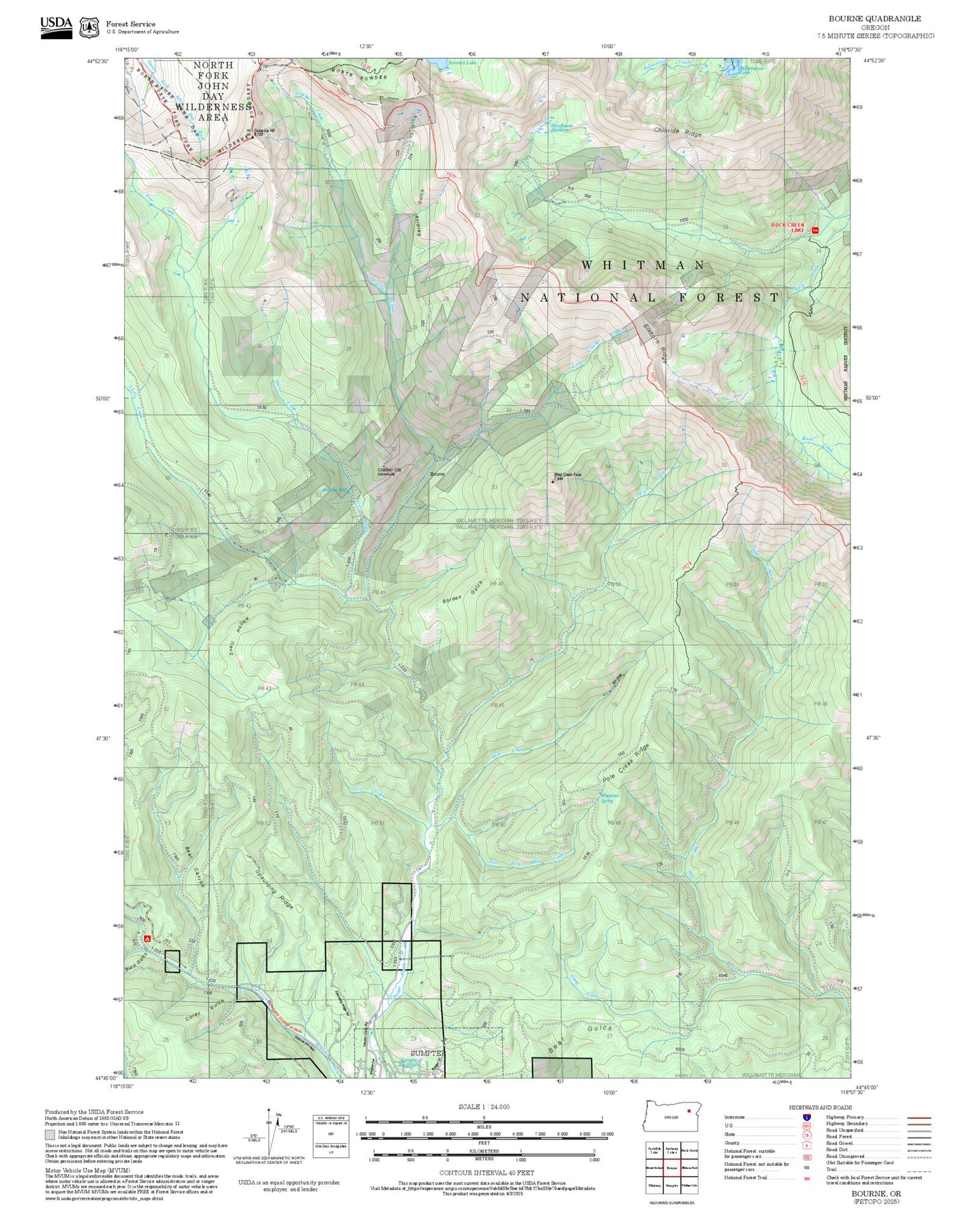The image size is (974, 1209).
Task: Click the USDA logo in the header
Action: click(56, 26)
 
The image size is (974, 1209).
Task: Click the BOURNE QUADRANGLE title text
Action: click(874, 18)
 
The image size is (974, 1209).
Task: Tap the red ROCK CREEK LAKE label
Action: click(788, 227)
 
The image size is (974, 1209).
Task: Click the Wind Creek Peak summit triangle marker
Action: click(553, 481)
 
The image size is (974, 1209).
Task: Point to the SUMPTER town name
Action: click(428, 1053)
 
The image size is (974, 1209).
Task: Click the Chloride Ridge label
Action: click(677, 132)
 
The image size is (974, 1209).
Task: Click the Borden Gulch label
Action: click(463, 592)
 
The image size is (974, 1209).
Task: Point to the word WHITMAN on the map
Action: click(643, 266)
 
